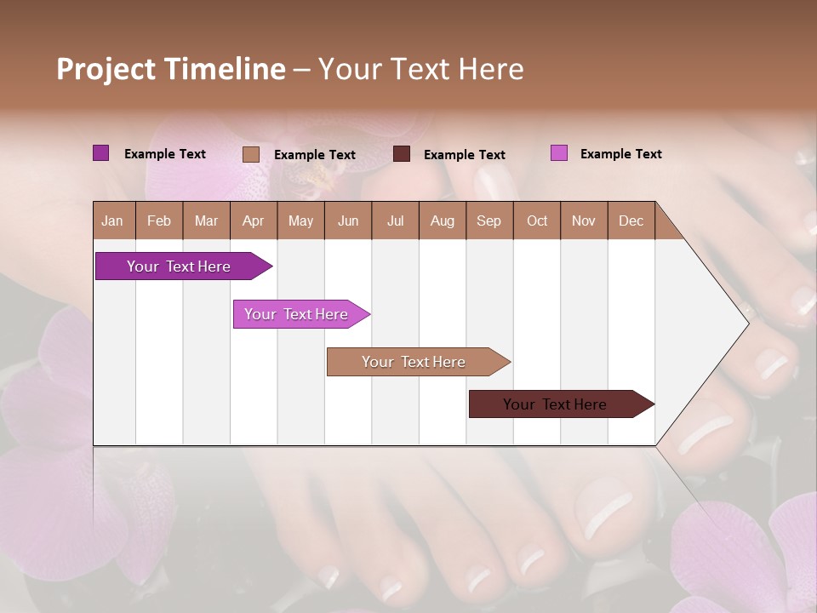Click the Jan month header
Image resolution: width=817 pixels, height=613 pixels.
point(112,221)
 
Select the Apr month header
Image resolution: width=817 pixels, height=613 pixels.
point(253,221)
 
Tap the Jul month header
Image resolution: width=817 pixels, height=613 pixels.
point(395,221)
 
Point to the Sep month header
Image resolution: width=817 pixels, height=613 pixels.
point(488,221)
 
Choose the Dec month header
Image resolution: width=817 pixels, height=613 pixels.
point(631,221)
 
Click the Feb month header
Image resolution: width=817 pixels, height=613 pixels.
point(159,221)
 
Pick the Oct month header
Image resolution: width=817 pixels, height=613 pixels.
point(537,221)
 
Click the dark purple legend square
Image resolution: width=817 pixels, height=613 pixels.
point(100,153)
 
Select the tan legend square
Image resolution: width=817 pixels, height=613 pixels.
point(250,154)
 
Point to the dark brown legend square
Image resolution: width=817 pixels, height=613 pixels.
point(402,153)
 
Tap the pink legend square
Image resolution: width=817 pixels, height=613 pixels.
point(558,153)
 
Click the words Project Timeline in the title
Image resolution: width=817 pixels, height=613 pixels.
point(170,69)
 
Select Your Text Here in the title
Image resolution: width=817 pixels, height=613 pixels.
point(420,69)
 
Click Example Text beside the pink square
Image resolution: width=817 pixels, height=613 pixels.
point(620,154)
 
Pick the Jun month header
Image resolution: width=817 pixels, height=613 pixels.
point(348,221)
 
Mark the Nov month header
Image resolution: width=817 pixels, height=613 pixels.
point(584,221)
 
